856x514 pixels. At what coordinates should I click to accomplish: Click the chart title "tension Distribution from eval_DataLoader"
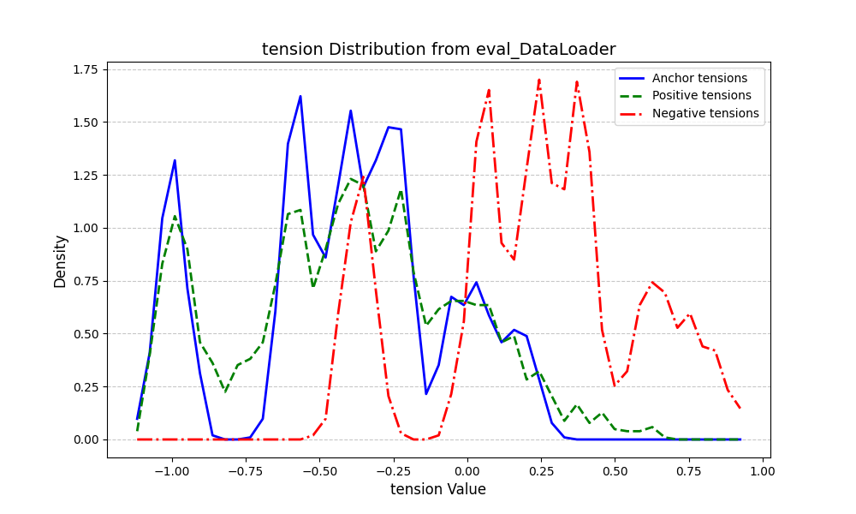pos(438,50)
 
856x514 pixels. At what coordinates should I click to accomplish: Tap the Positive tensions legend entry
pos(701,96)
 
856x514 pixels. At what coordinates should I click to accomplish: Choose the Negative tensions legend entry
pos(705,113)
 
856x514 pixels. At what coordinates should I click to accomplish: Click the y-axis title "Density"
pos(60,260)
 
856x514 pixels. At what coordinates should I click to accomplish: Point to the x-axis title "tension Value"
pos(438,490)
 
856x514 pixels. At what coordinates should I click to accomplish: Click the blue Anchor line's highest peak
pos(300,96)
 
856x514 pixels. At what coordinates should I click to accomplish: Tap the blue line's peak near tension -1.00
pos(175,160)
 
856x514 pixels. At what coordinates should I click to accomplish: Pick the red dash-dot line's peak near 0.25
pos(539,80)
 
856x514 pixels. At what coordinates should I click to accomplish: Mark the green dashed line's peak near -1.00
pos(175,216)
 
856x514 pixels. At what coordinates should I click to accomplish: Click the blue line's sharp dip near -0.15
pos(426,393)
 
